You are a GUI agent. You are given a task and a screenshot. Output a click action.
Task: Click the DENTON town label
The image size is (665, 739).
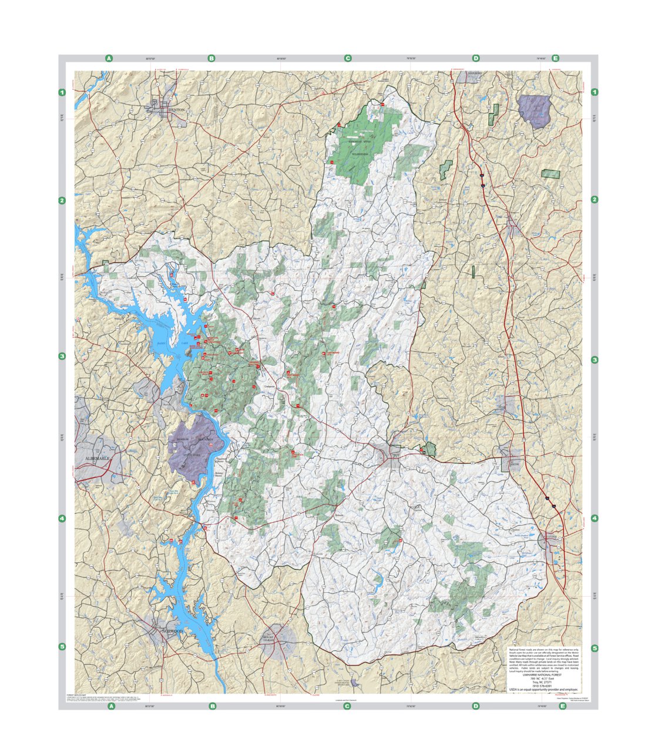click(x=176, y=110)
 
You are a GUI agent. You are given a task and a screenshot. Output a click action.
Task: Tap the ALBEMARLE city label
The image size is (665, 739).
click(x=93, y=458)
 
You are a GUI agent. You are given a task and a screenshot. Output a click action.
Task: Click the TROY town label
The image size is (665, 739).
click(x=394, y=454)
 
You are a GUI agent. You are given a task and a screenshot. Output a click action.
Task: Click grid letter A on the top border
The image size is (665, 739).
click(x=109, y=58)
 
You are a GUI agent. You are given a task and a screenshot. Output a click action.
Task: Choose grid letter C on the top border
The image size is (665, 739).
click(x=348, y=58)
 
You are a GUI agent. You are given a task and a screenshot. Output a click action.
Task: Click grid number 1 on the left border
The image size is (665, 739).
click(x=62, y=93)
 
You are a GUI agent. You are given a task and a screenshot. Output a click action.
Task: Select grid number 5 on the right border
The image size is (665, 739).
click(x=595, y=649)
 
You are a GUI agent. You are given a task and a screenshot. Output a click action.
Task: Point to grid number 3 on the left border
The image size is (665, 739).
click(x=62, y=356)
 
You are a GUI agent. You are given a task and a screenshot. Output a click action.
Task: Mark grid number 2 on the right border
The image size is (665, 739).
click(x=595, y=200)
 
